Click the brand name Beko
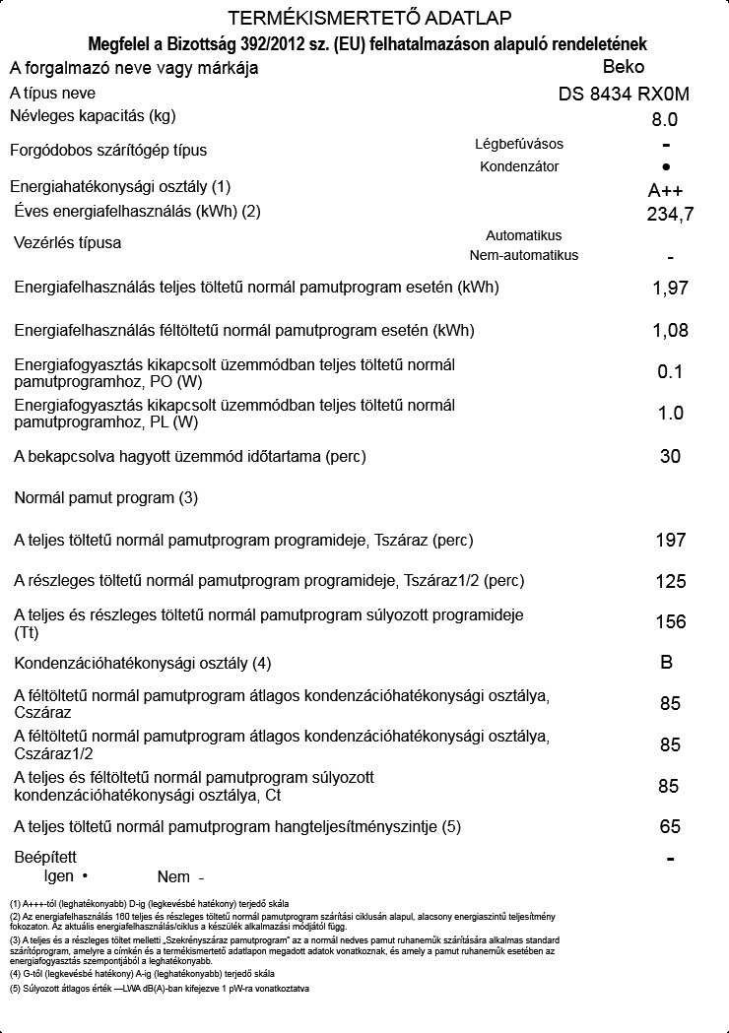click(x=623, y=68)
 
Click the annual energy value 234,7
click(x=670, y=214)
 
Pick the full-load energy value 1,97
click(x=670, y=289)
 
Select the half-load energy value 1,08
click(x=670, y=330)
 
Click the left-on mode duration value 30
click(x=670, y=457)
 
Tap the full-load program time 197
click(x=670, y=540)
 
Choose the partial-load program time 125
click(x=670, y=581)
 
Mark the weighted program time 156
click(x=670, y=621)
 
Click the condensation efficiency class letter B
click(x=667, y=663)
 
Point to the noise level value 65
click(x=670, y=826)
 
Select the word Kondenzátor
click(x=519, y=166)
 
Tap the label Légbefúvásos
click(x=519, y=144)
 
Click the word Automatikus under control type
click(x=523, y=235)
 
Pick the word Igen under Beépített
click(x=60, y=875)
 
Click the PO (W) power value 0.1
click(x=670, y=372)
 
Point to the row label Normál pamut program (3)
click(x=106, y=498)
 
